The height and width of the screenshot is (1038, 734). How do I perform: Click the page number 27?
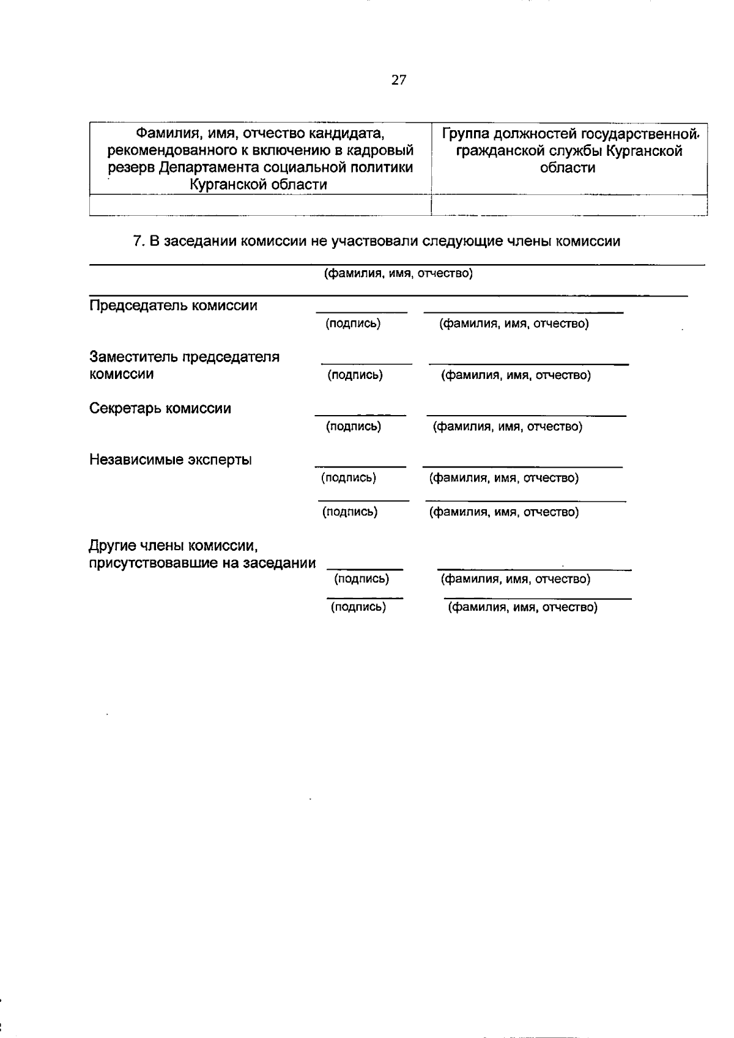398,80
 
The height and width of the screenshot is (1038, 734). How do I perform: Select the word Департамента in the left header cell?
215,167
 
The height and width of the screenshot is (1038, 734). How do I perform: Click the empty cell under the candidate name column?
260,205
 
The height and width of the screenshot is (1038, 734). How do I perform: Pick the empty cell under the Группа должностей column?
569,205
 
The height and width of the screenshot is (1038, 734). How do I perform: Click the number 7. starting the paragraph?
139,241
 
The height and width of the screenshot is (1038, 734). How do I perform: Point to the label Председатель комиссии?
173,306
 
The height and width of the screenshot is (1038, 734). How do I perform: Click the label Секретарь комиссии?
160,408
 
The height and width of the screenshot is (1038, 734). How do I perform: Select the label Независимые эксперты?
171,460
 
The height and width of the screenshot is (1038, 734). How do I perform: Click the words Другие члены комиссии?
172,545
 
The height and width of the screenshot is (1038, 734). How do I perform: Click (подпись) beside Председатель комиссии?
353,324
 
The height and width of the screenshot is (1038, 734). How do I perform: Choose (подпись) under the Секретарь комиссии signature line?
353,427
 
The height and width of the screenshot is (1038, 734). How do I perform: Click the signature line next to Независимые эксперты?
360,466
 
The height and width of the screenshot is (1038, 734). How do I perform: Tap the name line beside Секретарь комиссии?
526,416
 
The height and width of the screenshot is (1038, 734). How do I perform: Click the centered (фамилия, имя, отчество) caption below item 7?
398,273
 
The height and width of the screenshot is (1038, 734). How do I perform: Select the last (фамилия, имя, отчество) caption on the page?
523,608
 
